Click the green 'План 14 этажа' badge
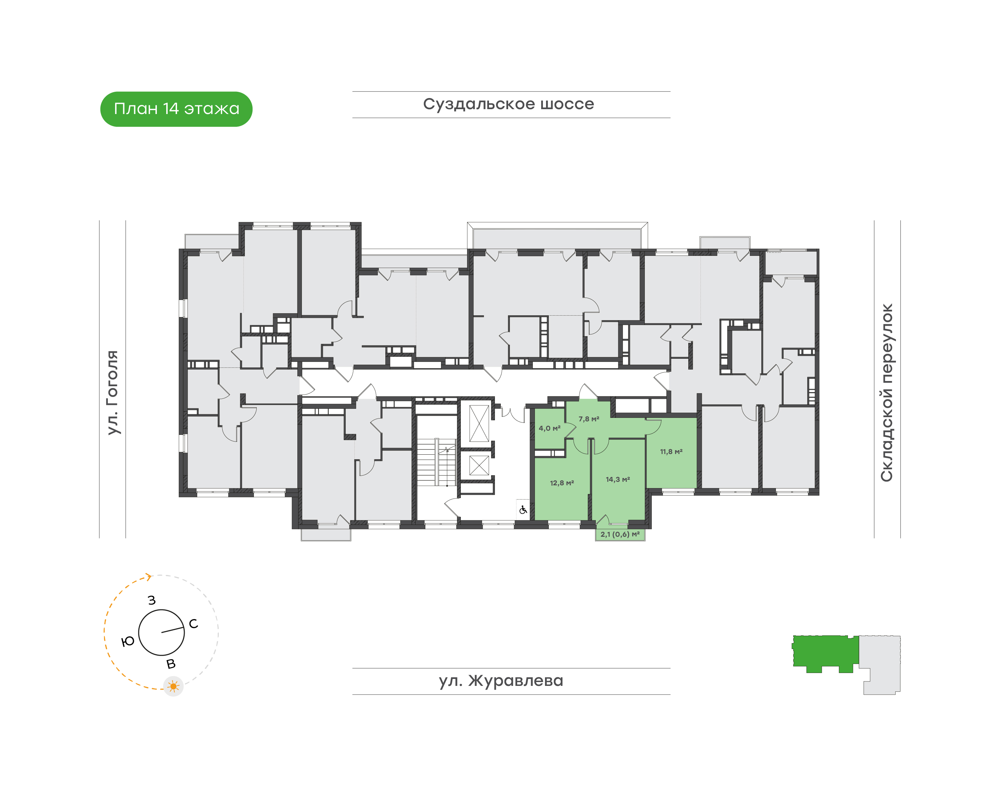click(176, 109)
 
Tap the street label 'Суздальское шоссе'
click(508, 104)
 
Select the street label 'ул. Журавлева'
click(501, 681)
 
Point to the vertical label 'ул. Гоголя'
click(112, 392)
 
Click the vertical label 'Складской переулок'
click(887, 392)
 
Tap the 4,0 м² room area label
click(550, 428)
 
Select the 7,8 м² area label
click(589, 419)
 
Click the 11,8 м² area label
click(671, 452)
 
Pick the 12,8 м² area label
click(562, 483)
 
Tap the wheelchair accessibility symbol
click(523, 510)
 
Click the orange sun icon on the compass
click(174, 687)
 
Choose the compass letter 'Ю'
click(128, 641)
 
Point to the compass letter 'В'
click(171, 664)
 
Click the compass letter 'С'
click(193, 624)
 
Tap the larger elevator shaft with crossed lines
click(479, 423)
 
